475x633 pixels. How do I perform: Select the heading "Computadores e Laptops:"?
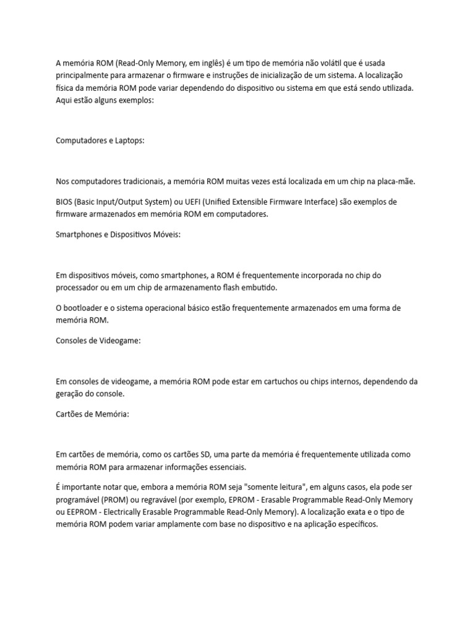(x=100, y=140)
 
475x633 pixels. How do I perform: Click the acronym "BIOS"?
(x=66, y=202)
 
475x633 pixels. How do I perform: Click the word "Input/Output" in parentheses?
(x=132, y=202)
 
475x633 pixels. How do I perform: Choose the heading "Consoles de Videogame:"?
(x=98, y=340)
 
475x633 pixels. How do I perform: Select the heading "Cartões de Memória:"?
(x=92, y=414)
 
